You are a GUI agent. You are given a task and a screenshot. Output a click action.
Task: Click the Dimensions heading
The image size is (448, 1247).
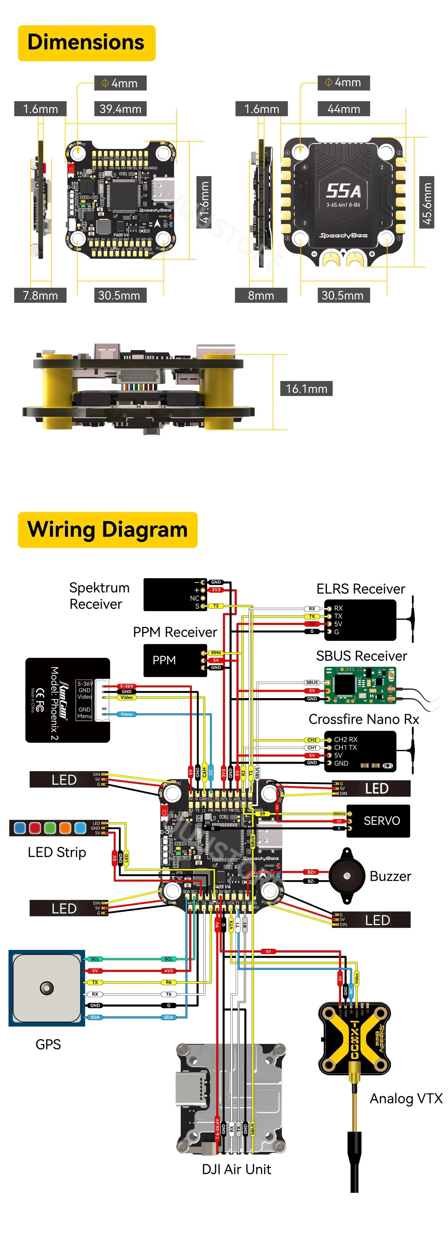pyautogui.click(x=86, y=43)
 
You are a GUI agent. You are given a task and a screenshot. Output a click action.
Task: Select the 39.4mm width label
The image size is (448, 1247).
pyautogui.click(x=120, y=109)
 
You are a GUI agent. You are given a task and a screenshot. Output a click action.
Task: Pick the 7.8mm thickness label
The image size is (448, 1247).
pyautogui.click(x=40, y=295)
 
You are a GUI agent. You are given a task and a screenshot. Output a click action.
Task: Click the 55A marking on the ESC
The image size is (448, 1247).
pyautogui.click(x=343, y=191)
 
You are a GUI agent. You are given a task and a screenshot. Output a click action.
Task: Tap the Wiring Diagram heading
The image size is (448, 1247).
pyautogui.click(x=107, y=529)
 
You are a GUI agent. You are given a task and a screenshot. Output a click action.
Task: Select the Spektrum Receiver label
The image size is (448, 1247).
pyautogui.click(x=99, y=595)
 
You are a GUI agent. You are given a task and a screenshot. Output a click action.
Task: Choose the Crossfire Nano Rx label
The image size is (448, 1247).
pyautogui.click(x=363, y=719)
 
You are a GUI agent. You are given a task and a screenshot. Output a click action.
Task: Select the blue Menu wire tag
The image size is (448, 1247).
pyautogui.click(x=127, y=714)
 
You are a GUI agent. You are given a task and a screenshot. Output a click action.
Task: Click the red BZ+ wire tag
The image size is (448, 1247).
pyautogui.click(x=311, y=872)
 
